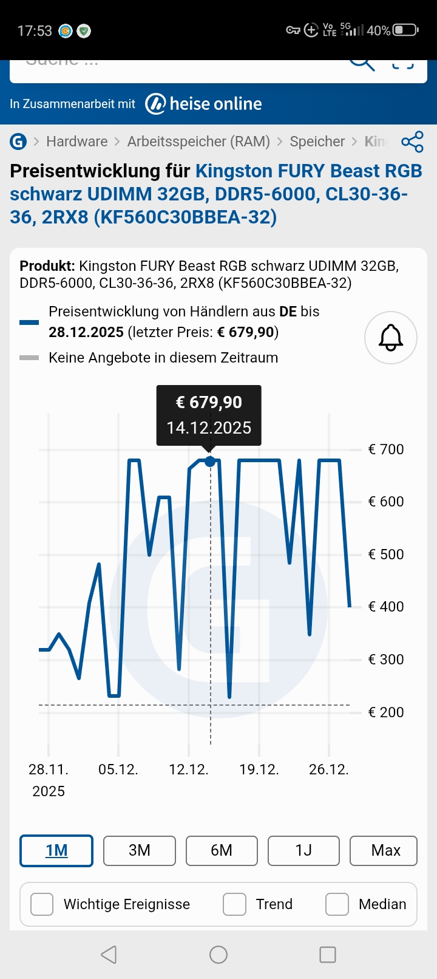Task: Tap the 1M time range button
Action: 56,850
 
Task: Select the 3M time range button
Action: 140,850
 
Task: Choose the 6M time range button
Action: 222,850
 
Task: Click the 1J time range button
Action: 303,850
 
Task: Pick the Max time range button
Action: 385,850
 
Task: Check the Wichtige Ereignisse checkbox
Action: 42,904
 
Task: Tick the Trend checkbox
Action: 234,904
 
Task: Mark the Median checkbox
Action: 337,904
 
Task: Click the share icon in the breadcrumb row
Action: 412,142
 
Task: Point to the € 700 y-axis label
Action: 386,449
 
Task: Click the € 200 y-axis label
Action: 386,712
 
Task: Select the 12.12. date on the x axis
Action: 189,769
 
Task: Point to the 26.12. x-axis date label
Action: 329,769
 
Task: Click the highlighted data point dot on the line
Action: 210,462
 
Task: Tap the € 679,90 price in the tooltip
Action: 209,403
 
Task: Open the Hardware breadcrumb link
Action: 76,142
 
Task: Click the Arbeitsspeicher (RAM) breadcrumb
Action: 198,142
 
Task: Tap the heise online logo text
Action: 215,104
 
